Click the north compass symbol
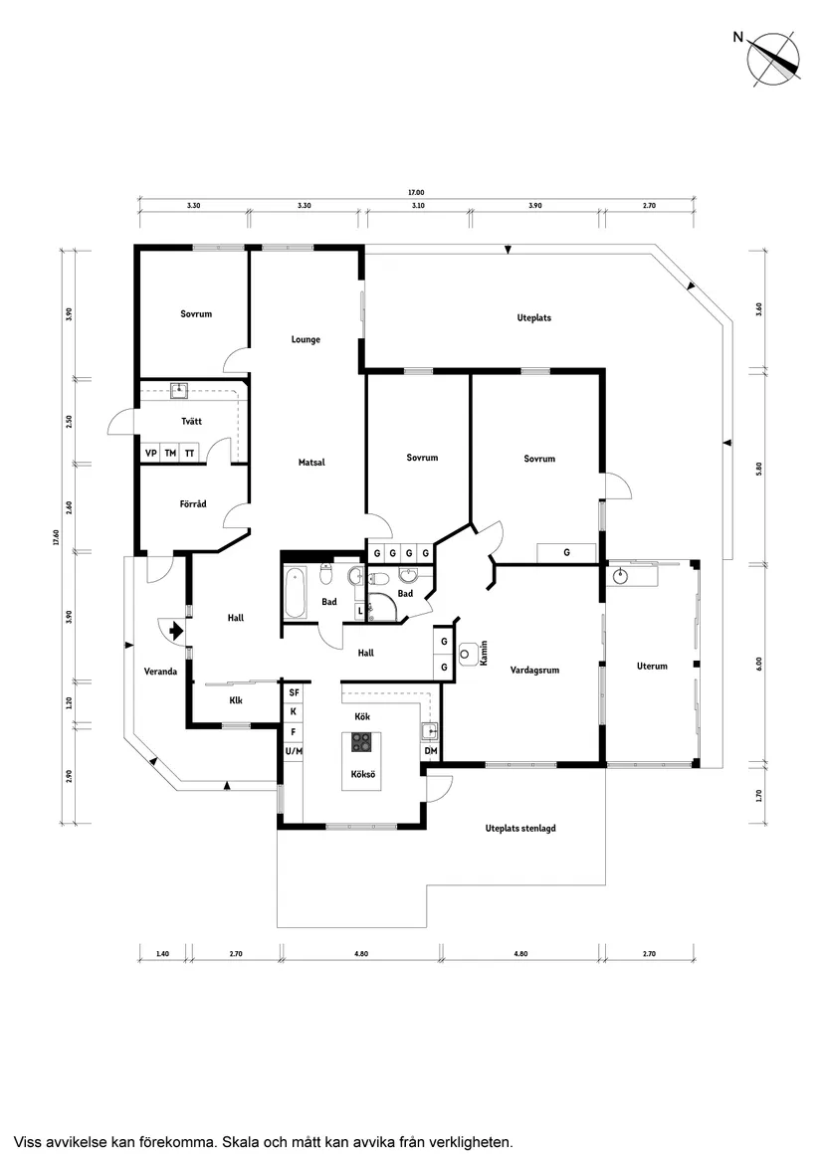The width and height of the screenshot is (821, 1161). coord(773,56)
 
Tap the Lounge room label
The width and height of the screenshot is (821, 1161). coord(306,339)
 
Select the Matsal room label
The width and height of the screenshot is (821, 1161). coord(311,462)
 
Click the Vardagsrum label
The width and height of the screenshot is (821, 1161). coord(534,670)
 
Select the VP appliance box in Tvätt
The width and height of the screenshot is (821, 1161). coord(151,453)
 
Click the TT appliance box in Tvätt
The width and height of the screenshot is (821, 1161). coord(189,453)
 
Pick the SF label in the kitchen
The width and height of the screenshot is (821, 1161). coord(293,691)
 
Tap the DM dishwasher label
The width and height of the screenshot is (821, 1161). coord(430,751)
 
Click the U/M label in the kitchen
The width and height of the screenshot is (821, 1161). coord(293,751)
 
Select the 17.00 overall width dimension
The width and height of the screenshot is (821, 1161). coord(415,192)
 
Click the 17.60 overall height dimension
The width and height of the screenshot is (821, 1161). coord(57,537)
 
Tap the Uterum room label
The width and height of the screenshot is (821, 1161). coord(652,666)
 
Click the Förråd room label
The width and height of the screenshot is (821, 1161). coord(193,504)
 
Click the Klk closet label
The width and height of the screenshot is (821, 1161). coord(236,699)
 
